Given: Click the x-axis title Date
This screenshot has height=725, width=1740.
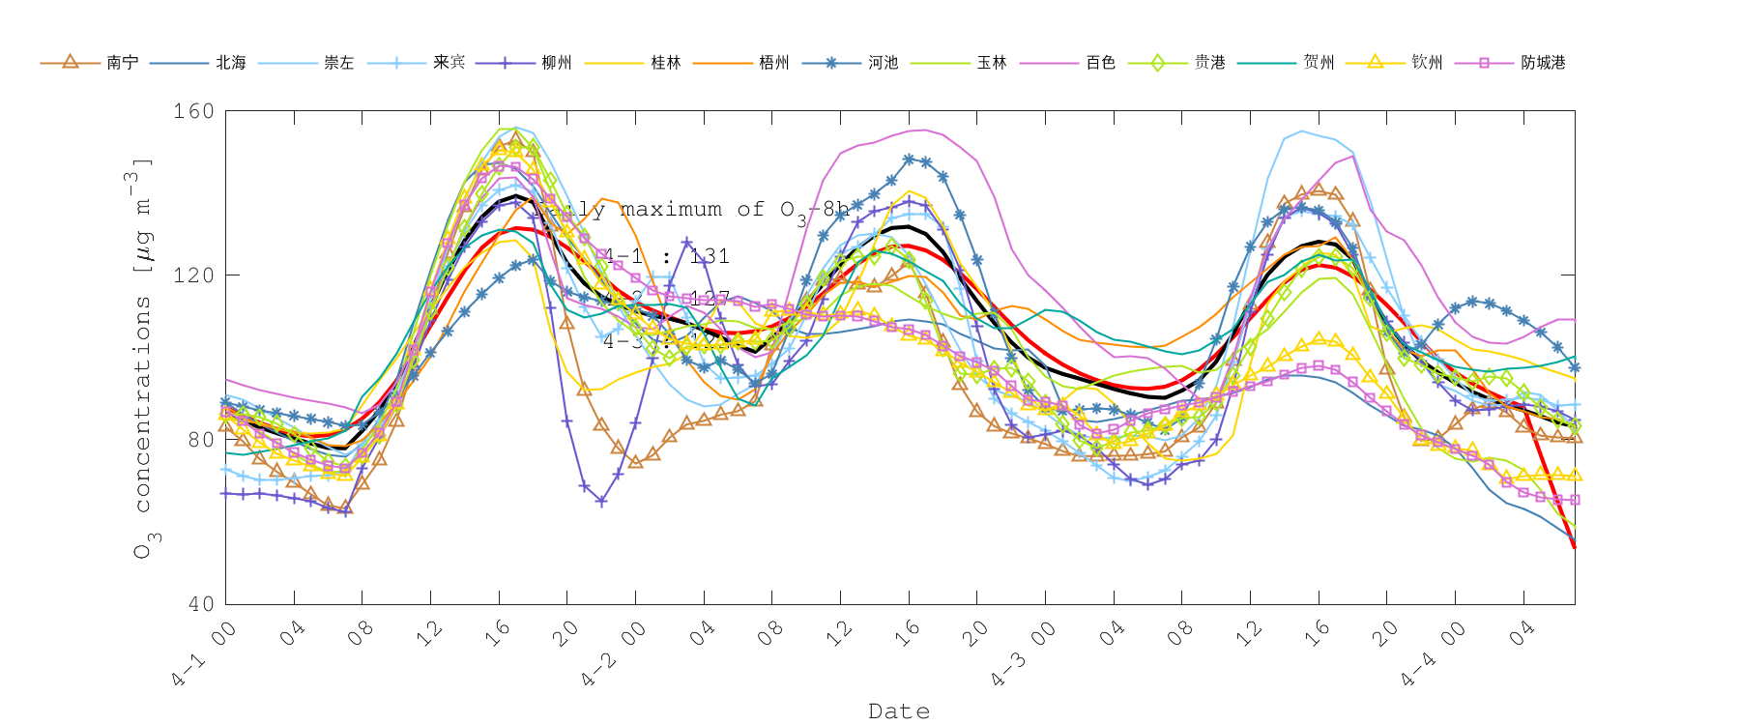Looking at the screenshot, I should pyautogui.click(x=899, y=711).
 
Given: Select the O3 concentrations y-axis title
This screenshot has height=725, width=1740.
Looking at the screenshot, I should pyautogui.click(x=143, y=358).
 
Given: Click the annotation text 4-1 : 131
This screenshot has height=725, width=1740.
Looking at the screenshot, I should pyautogui.click(x=667, y=256).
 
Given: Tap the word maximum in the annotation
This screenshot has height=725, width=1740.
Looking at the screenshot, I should pyautogui.click(x=671, y=210).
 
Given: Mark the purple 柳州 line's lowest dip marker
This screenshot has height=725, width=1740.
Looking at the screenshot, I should pyautogui.click(x=601, y=502).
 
